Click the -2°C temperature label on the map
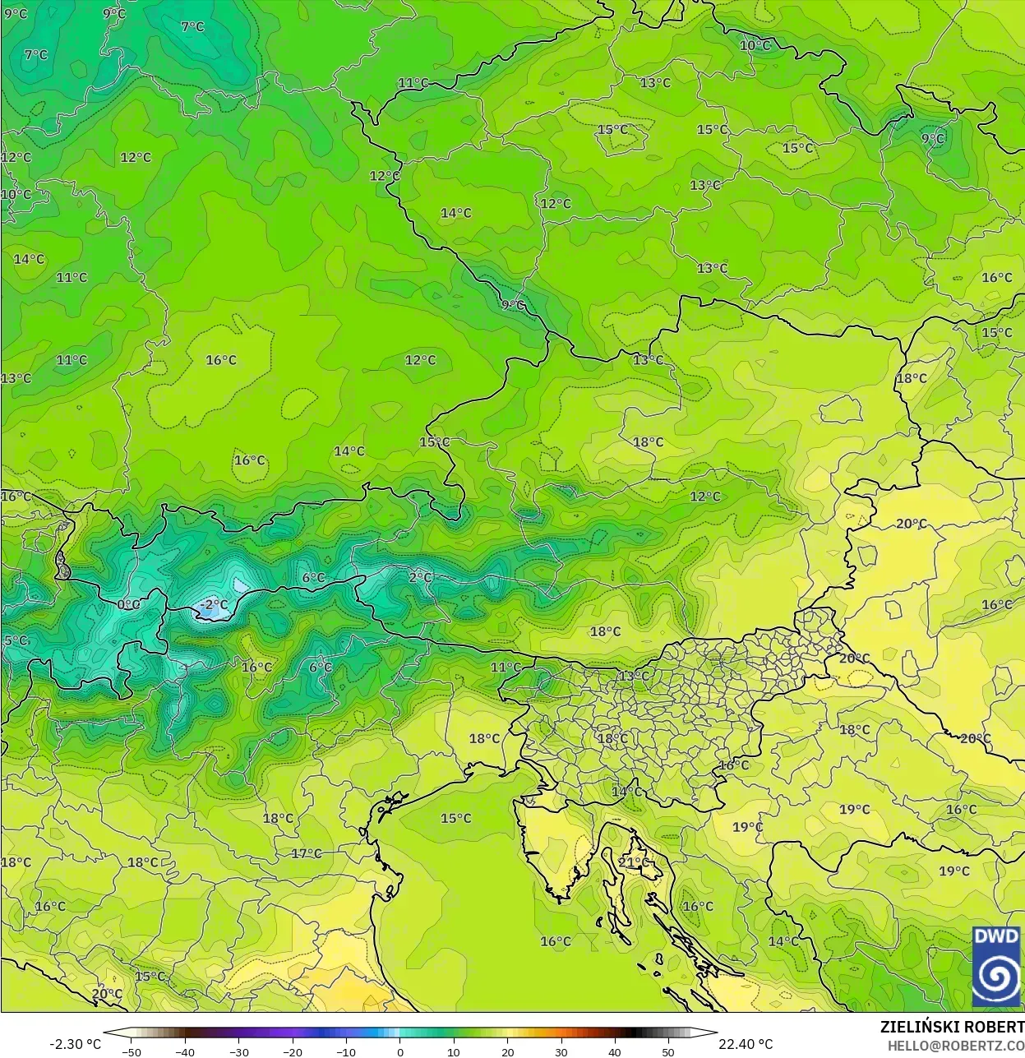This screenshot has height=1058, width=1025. (214, 605)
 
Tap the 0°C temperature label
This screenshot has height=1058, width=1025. (129, 604)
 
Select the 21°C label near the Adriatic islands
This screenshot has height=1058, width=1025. (634, 862)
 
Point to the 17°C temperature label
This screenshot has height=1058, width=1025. (307, 853)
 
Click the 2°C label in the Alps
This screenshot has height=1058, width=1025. (420, 578)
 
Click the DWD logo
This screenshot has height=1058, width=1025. (996, 966)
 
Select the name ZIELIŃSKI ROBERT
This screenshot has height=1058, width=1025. (952, 1027)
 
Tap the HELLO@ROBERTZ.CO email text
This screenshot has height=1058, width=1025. (955, 1045)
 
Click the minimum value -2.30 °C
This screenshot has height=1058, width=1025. (76, 1044)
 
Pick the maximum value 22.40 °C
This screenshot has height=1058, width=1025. (746, 1044)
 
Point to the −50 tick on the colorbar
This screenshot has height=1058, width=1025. (131, 1051)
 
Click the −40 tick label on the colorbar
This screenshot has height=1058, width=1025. (185, 1051)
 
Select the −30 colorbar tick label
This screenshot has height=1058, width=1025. (238, 1051)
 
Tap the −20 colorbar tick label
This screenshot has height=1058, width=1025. (292, 1051)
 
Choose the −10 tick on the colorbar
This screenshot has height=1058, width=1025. (346, 1051)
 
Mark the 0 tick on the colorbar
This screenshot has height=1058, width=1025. (400, 1051)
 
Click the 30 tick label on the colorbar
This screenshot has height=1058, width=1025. (561, 1051)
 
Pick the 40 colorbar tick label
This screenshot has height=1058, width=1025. (615, 1051)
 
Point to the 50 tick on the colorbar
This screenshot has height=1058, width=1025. (668, 1051)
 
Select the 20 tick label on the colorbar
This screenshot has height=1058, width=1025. (508, 1051)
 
